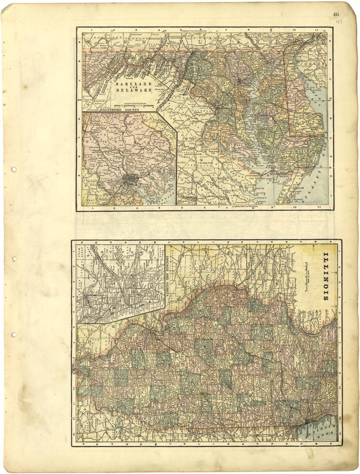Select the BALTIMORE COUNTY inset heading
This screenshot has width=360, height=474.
click(120, 110)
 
